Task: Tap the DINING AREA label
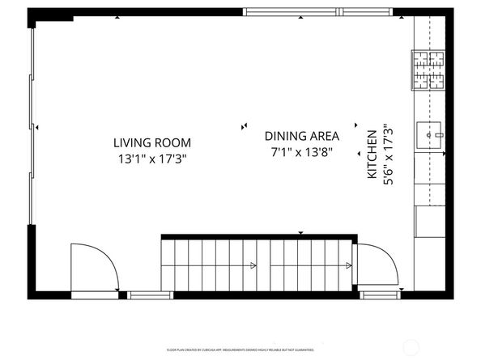pos(302,136)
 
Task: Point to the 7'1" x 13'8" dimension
pos(302,152)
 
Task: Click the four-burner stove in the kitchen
pos(428,71)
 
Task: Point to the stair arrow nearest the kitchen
pos(351,265)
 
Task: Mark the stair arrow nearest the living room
pos(253,265)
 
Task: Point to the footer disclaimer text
pos(241,350)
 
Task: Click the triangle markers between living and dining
pos(244,125)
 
